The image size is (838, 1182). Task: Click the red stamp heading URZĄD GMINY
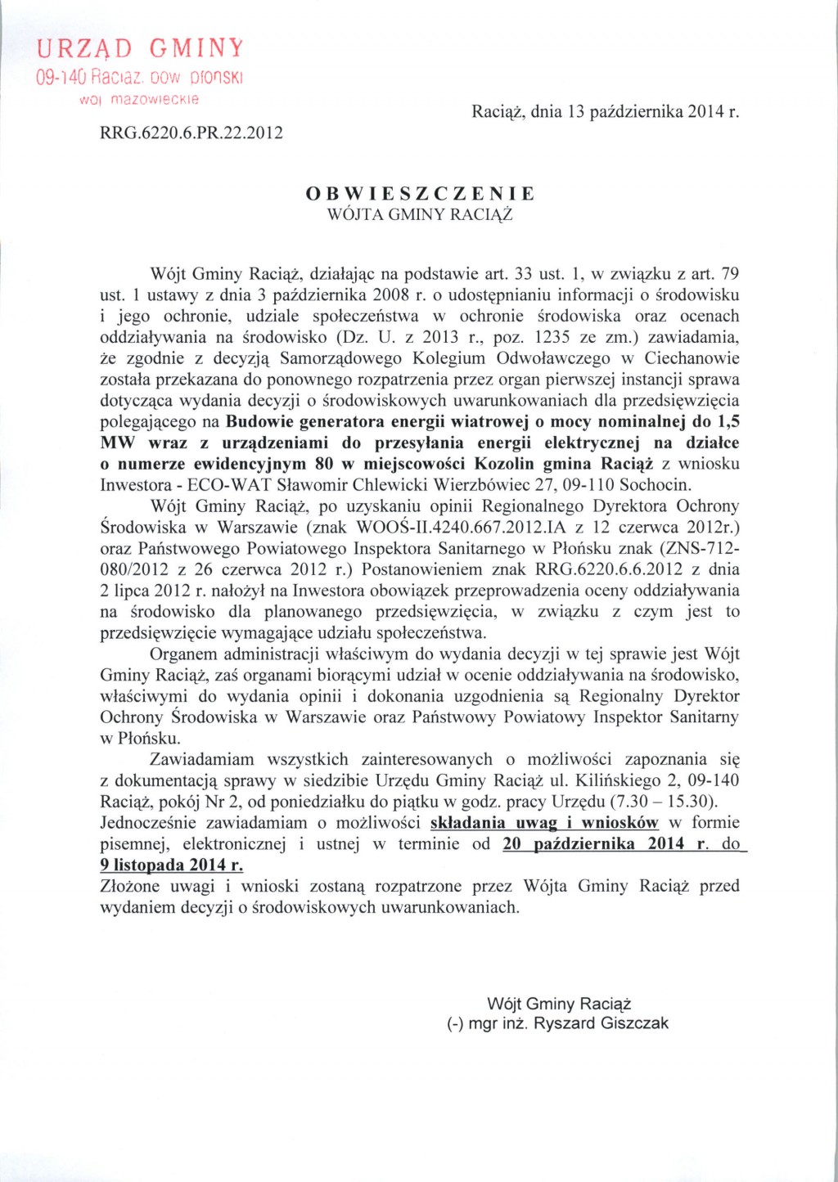coord(140,47)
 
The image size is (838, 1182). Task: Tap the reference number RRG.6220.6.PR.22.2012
coord(191,133)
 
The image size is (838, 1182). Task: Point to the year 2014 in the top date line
coord(706,111)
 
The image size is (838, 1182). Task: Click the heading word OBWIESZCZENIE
coord(420,194)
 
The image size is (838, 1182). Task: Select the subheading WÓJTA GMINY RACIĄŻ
coord(420,215)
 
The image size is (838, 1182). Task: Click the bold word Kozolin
coord(504,464)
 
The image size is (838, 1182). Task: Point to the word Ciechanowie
coord(692,358)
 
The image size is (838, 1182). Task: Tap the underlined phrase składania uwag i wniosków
coord(544,823)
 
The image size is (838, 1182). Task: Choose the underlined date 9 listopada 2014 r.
coord(171,865)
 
